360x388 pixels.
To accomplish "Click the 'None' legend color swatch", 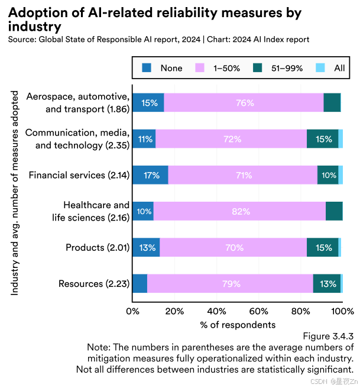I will tap(148, 68).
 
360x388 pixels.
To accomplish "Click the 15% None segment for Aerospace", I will tap(148, 102).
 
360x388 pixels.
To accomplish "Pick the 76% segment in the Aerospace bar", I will tap(244, 102).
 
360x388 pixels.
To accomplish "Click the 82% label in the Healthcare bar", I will tap(239, 211).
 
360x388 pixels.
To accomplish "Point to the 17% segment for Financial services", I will tap(150, 175).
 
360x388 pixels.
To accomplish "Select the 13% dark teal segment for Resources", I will tap(327, 284).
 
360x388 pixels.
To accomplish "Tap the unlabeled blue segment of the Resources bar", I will tap(140, 284).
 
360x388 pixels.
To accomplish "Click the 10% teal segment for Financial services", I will tap(328, 175).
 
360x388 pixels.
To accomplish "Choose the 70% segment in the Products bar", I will tap(233, 248).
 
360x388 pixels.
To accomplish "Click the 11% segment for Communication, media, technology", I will tap(144, 139).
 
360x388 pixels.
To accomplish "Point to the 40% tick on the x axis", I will tap(216, 311).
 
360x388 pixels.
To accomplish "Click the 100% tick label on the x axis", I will tap(343, 311).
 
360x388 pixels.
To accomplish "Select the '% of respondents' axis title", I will tap(238, 325).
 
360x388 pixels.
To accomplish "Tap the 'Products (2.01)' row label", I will tap(98, 247).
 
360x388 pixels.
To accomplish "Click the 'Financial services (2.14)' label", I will tap(79, 175).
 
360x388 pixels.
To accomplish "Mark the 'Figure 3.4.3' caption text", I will tap(328, 336).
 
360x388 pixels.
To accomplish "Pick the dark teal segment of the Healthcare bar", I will tap(334, 211).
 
